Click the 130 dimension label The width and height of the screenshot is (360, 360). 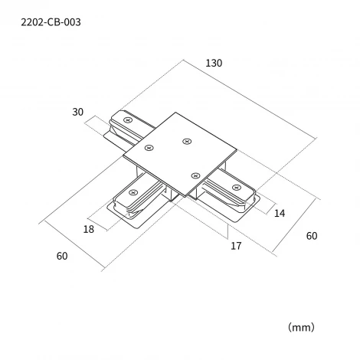pyautogui.click(x=214, y=63)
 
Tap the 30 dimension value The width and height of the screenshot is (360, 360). pyautogui.click(x=77, y=112)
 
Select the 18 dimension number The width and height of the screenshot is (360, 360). pyautogui.click(x=89, y=229)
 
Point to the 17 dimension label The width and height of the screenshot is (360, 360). pyautogui.click(x=236, y=246)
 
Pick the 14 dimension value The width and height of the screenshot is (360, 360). pyautogui.click(x=280, y=213)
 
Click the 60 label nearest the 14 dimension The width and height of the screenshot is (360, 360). pyautogui.click(x=312, y=236)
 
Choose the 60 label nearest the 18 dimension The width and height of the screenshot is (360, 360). pyautogui.click(x=62, y=256)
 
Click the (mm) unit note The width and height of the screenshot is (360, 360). pyautogui.click(x=301, y=327)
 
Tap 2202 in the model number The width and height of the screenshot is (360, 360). pyautogui.click(x=31, y=22)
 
